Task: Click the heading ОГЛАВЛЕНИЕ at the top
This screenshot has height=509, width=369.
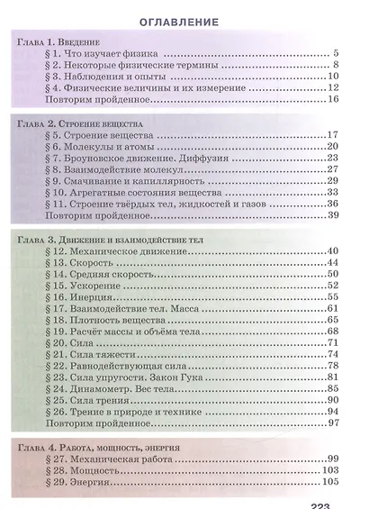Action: coord(184,21)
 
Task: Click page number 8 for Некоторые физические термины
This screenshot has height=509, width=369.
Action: coord(334,65)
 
